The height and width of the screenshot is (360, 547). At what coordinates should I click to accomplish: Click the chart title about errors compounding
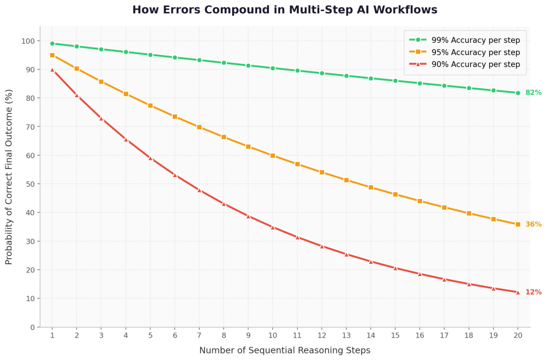[284, 10]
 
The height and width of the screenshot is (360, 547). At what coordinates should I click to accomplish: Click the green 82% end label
[533, 93]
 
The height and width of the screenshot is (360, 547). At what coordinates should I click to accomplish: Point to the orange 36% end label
[533, 225]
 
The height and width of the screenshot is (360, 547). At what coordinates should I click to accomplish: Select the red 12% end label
[533, 293]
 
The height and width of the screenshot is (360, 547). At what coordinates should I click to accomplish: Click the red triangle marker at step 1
[52, 70]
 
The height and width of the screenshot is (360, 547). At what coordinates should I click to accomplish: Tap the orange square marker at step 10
[273, 156]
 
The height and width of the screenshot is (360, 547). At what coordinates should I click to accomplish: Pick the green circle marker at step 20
[518, 93]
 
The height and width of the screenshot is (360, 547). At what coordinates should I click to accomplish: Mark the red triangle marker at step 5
[150, 158]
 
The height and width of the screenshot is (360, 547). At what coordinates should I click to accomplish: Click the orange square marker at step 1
[52, 55]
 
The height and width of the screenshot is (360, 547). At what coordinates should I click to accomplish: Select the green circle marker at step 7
[199, 60]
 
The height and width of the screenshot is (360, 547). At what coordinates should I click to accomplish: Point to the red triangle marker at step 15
[395, 268]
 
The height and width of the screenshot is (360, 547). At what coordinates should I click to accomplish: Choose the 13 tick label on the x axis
[346, 335]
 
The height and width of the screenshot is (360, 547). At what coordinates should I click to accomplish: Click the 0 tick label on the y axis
[32, 327]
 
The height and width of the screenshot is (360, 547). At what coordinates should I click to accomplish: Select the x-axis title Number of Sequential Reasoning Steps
[284, 351]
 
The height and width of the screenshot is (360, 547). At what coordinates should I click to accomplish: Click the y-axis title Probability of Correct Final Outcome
[9, 177]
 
